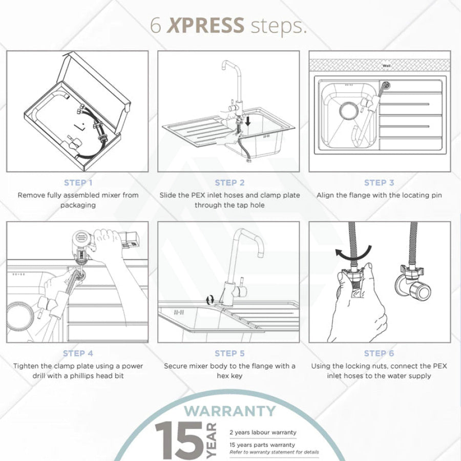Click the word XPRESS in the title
[x=205, y=25]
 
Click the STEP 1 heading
[x=78, y=182]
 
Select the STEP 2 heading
[x=229, y=182]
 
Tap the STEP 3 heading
[x=379, y=182]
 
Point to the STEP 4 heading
[x=78, y=353]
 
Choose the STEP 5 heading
[x=229, y=353]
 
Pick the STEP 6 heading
[x=379, y=353]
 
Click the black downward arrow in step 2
[x=248, y=120]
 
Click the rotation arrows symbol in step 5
[x=210, y=300]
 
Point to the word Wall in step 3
[x=386, y=66]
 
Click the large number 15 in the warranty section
[x=179, y=440]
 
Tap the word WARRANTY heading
[x=230, y=411]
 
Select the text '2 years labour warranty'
[x=263, y=432]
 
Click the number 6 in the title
[x=156, y=25]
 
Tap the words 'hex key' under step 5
[x=229, y=376]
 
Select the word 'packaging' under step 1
[x=78, y=205]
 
